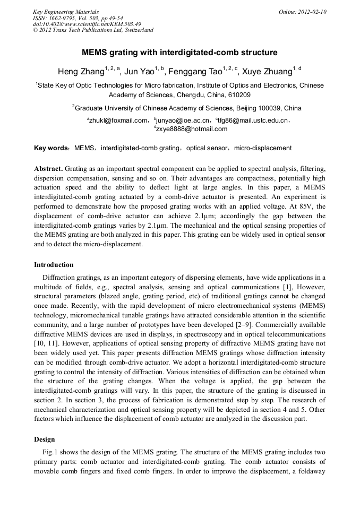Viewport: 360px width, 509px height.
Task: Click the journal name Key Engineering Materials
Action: tap(66, 12)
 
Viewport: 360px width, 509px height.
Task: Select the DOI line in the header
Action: tap(87, 24)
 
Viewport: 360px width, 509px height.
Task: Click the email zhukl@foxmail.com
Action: tap(118, 120)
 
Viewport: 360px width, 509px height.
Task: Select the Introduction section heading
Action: tap(54, 264)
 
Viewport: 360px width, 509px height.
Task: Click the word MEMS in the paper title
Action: tap(93, 53)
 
